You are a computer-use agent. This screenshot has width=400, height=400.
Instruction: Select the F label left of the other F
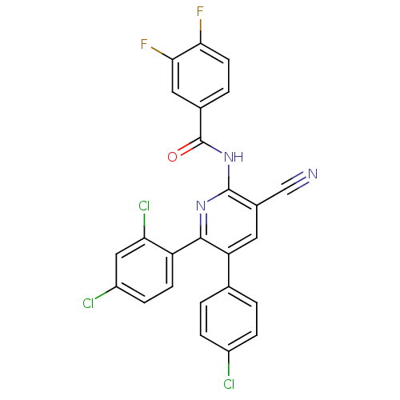[145, 44]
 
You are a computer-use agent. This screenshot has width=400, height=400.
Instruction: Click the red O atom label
[172, 157]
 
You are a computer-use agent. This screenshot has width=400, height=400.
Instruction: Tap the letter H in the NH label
[238, 156]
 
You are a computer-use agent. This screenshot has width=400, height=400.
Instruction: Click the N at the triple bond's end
[312, 174]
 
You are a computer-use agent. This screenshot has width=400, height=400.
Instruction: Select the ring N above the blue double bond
[200, 210]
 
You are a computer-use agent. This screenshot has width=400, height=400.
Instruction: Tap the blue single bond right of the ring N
[216, 200]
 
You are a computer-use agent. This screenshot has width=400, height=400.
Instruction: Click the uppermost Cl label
[144, 206]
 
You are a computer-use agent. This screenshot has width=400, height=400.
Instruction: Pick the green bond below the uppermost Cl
[144, 223]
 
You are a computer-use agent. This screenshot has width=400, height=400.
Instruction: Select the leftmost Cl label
[88, 303]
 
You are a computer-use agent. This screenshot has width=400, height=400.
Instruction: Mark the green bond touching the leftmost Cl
[104, 297]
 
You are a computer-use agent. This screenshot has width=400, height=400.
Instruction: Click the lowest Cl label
[229, 385]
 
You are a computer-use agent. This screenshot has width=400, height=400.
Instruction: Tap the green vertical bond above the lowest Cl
[229, 369]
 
